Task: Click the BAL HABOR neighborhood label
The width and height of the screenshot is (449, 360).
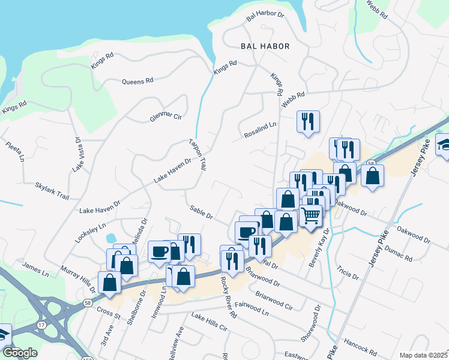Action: [265, 46]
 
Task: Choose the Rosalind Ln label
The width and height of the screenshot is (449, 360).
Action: [260, 131]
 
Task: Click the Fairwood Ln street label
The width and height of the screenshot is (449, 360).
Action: [252, 308]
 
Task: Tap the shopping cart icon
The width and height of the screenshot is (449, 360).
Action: [310, 214]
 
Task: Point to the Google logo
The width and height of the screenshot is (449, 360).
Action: [20, 353]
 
